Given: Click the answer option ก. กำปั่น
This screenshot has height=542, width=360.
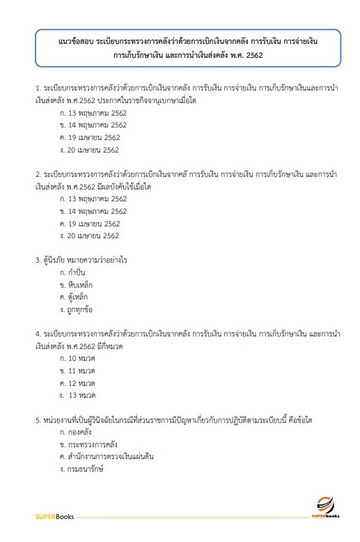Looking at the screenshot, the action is [x=73, y=272].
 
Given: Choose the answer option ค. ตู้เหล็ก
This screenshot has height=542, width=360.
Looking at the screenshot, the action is [x=74, y=297].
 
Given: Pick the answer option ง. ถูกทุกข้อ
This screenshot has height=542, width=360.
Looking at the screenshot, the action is [x=77, y=310].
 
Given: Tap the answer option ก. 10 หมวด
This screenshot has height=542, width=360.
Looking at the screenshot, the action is [x=77, y=358].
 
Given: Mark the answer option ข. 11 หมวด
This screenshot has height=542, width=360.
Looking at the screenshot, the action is [x=77, y=371].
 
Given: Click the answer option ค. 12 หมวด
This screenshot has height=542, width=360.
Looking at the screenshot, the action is [x=77, y=383].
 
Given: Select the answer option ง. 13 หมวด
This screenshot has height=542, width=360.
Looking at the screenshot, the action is [x=78, y=396].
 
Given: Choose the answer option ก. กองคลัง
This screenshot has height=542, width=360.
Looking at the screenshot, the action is [x=77, y=432].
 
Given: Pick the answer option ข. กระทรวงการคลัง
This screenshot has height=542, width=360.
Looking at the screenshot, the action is [x=86, y=444].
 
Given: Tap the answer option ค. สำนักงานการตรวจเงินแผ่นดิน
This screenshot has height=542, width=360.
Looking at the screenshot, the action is [x=107, y=456].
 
